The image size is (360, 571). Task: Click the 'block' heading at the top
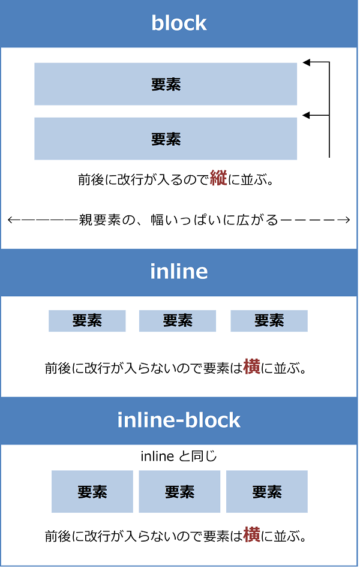click(x=179, y=23)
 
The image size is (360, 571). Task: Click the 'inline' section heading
click(x=179, y=272)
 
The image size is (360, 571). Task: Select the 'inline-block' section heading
click(x=179, y=420)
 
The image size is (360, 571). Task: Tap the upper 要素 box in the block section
click(x=166, y=84)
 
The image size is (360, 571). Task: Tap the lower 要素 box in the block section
click(x=166, y=139)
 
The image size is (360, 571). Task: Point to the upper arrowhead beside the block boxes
click(x=307, y=62)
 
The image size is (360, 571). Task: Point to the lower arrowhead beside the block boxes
click(x=307, y=115)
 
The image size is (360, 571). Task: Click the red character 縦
click(x=218, y=179)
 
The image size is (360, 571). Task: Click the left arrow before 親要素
click(x=14, y=220)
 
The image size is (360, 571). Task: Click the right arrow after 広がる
click(x=344, y=220)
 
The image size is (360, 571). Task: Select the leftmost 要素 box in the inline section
click(x=87, y=321)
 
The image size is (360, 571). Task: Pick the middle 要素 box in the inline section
click(x=178, y=321)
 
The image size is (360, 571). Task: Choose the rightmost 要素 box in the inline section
click(x=269, y=321)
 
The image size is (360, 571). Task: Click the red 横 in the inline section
click(x=251, y=367)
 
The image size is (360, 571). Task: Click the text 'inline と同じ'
click(x=179, y=456)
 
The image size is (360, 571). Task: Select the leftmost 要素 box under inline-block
click(x=92, y=492)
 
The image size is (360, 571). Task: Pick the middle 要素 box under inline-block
click(x=179, y=492)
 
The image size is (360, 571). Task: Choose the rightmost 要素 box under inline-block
click(x=267, y=492)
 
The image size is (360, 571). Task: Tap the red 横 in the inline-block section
click(x=251, y=535)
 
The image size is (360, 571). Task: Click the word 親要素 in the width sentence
click(x=98, y=220)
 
